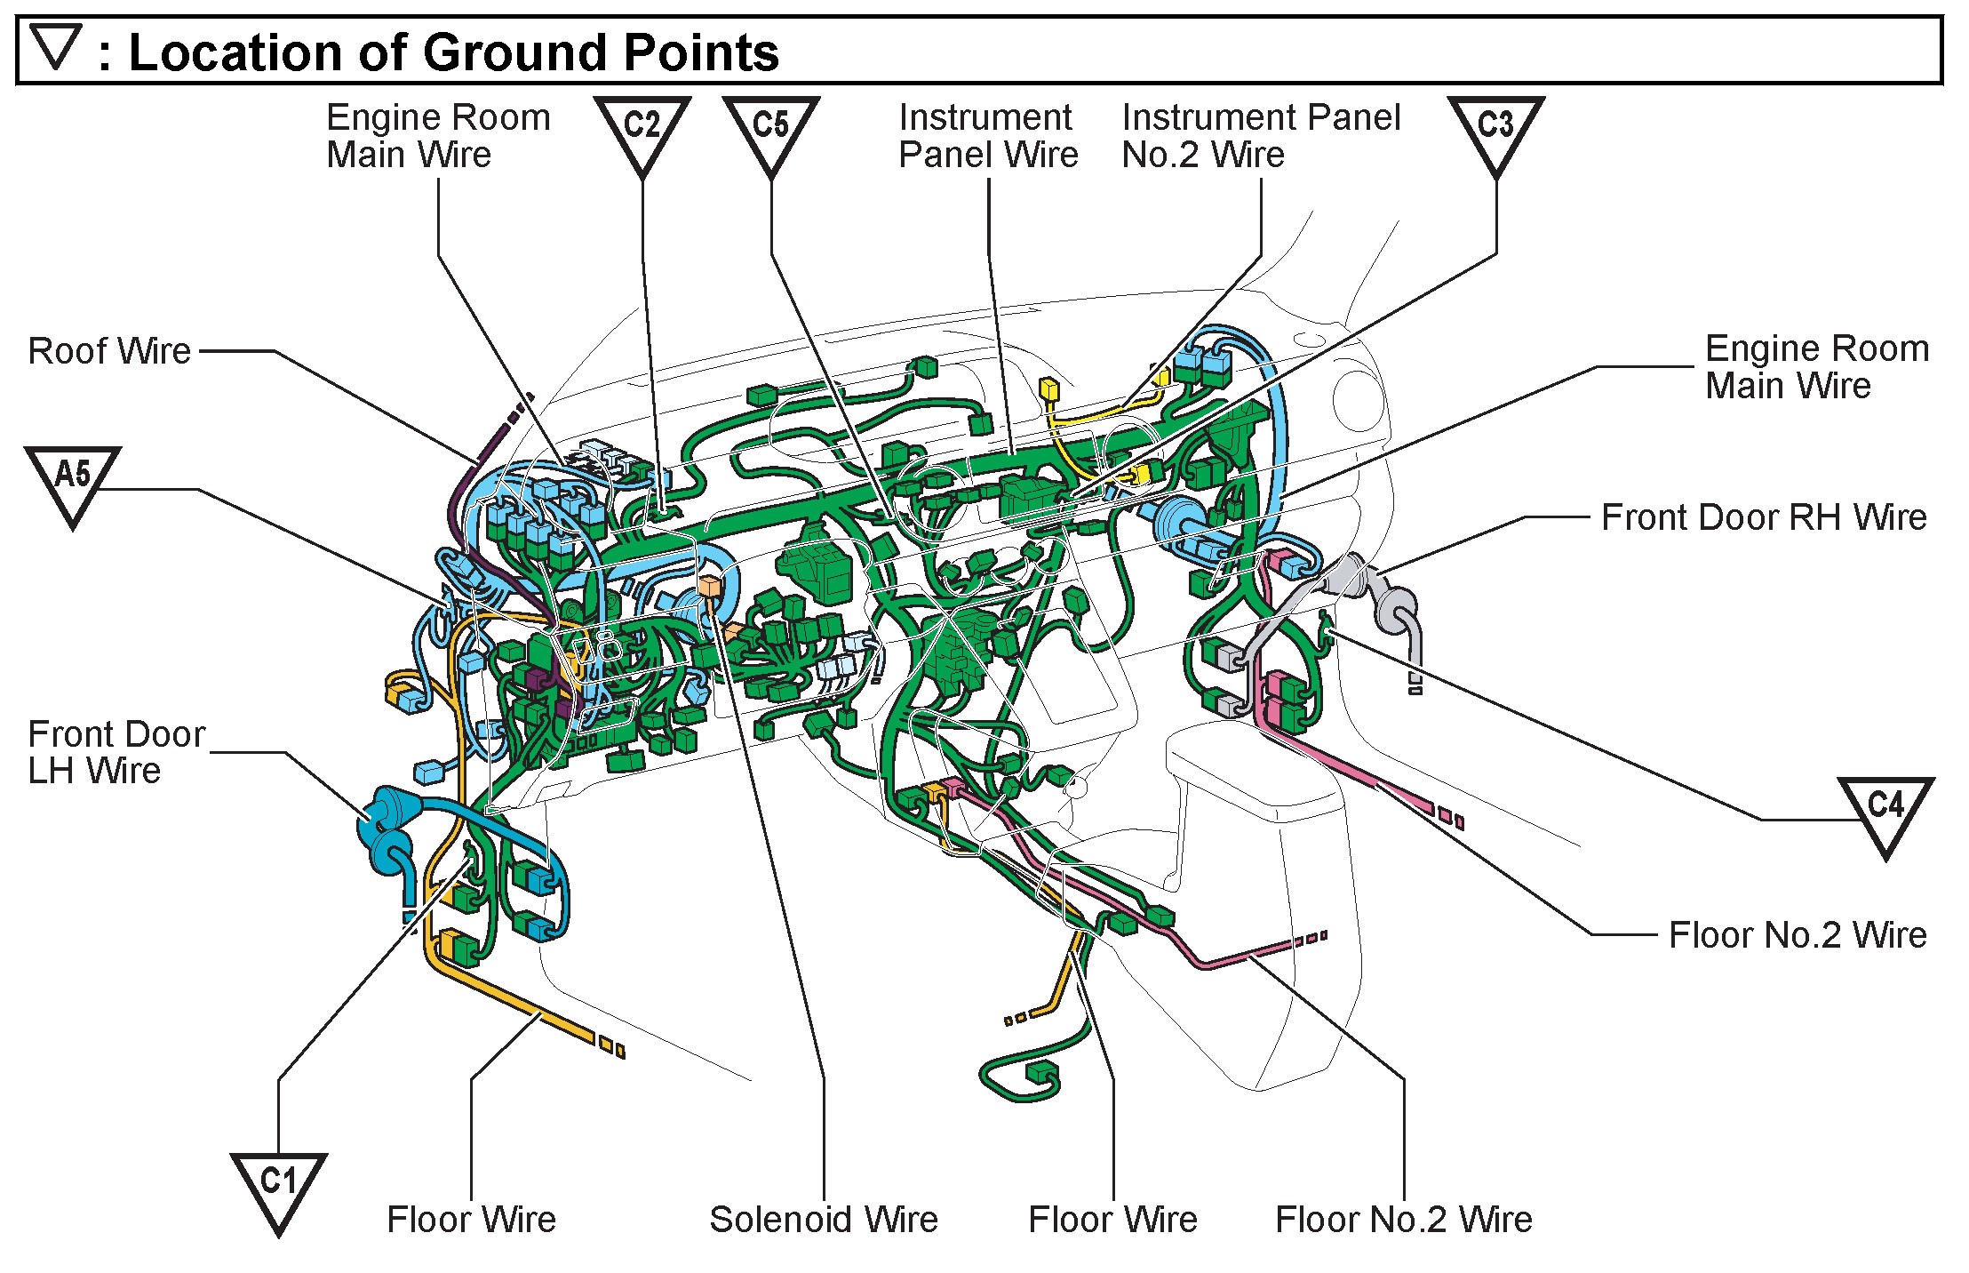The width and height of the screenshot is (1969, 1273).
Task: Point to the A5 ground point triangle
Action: click(73, 481)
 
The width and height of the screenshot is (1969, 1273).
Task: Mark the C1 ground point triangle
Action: click(278, 1188)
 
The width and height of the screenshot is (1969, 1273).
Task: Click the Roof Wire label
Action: click(109, 351)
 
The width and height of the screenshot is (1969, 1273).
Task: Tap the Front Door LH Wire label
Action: click(116, 752)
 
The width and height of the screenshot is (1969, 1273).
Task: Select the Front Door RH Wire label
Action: click(1764, 517)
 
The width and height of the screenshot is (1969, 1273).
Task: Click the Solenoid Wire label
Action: click(824, 1220)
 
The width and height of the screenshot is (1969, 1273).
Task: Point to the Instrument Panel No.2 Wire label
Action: click(1261, 136)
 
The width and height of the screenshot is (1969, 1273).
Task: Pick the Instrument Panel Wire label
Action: click(988, 136)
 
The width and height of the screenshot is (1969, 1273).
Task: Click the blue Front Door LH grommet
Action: click(387, 827)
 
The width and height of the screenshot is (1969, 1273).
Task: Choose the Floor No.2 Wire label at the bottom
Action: click(1404, 1220)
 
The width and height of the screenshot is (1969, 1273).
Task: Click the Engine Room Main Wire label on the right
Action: click(1817, 367)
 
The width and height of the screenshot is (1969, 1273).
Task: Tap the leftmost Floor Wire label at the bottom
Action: click(472, 1220)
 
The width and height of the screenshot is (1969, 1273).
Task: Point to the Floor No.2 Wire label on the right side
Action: click(1798, 935)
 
